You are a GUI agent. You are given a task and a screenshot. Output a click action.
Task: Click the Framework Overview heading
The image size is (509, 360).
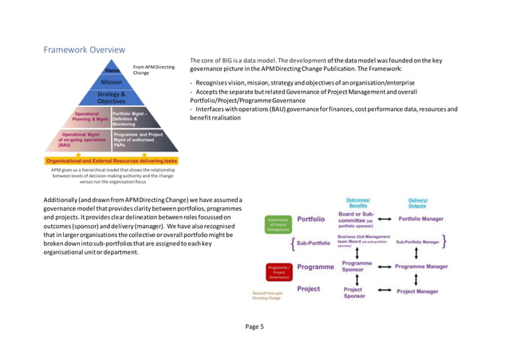pyautogui.click(x=83, y=50)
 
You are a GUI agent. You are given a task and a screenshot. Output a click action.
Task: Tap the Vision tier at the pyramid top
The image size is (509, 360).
pyautogui.click(x=112, y=70)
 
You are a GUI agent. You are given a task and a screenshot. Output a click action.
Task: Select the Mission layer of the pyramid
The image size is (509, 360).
pyautogui.click(x=111, y=82)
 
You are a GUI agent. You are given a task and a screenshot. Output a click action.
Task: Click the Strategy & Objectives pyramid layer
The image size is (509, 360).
pyautogui.click(x=111, y=98)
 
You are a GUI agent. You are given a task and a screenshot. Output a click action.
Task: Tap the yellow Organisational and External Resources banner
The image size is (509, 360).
pyautogui.click(x=111, y=160)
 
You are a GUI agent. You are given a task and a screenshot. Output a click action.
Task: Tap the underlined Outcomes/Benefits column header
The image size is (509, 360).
pyautogui.click(x=357, y=203)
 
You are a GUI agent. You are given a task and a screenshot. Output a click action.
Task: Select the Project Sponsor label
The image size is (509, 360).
pyautogui.click(x=353, y=293)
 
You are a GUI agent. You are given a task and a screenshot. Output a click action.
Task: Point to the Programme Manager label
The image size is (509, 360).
pyautogui.click(x=420, y=267)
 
